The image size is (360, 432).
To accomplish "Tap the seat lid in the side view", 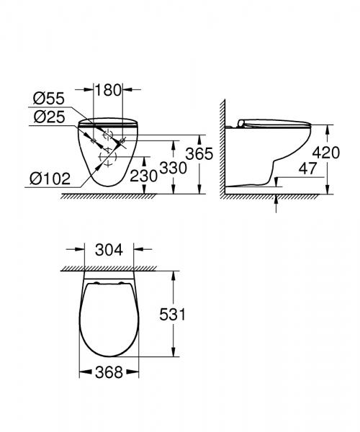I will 274,123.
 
